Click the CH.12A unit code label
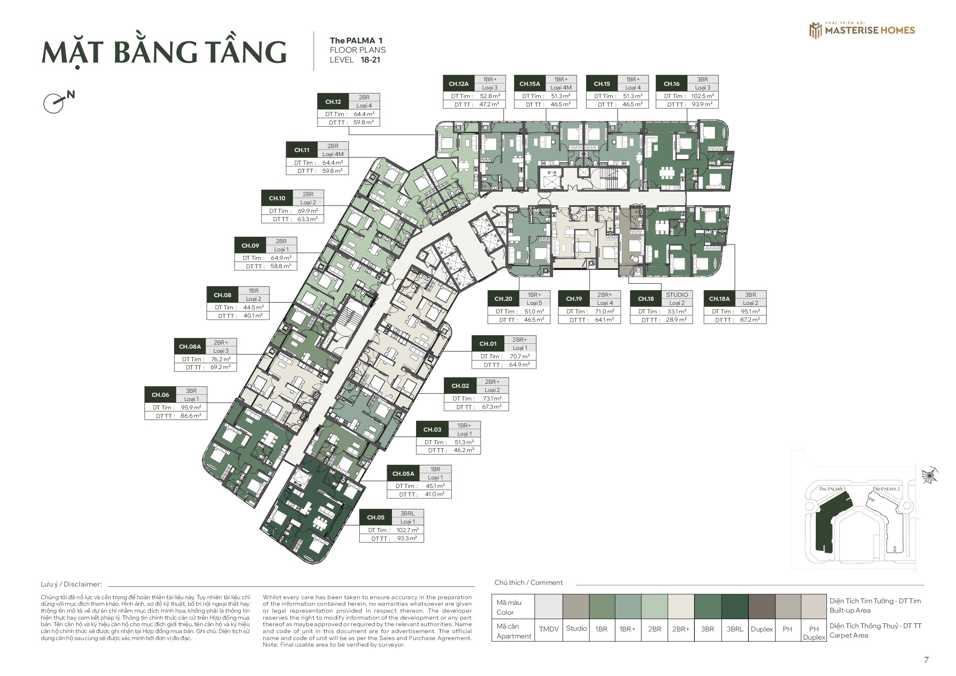(x=459, y=84)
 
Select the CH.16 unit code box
(x=672, y=84)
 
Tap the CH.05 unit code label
(x=376, y=517)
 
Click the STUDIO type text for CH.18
(x=676, y=295)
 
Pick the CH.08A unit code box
(x=190, y=346)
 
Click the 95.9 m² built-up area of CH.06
(x=191, y=407)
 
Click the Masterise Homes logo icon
(x=815, y=30)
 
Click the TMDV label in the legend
(x=549, y=629)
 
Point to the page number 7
(x=927, y=660)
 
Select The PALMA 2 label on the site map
(x=886, y=489)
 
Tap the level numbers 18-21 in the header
(x=370, y=60)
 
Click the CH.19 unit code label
(x=574, y=299)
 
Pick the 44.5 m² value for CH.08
(x=253, y=308)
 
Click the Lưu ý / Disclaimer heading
(x=71, y=584)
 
